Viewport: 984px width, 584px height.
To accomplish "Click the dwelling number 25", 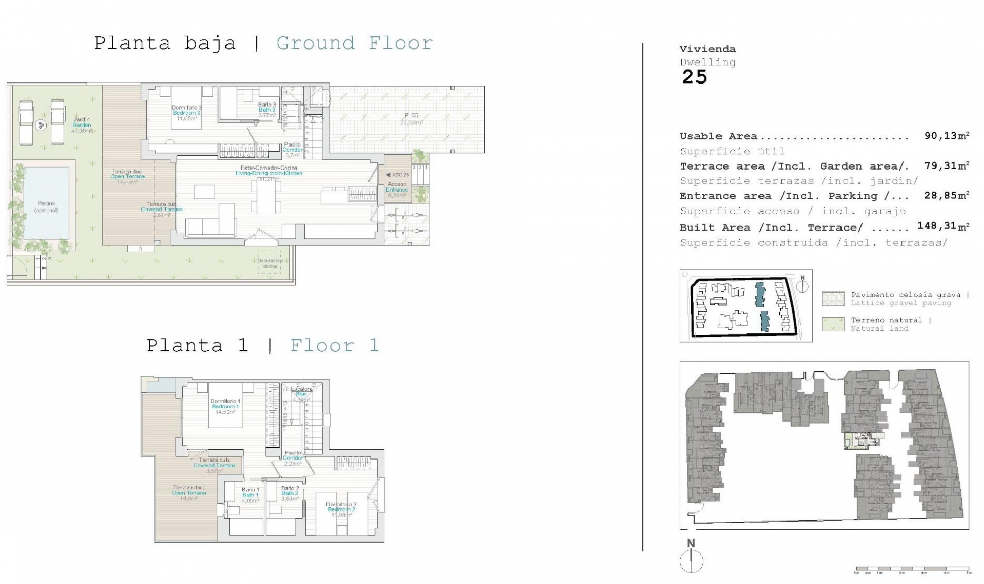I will [694, 77].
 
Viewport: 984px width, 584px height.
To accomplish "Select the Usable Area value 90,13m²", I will [946, 136].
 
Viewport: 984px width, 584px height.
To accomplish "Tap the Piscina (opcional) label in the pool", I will [47, 206].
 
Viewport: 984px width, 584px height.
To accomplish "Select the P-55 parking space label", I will [411, 118].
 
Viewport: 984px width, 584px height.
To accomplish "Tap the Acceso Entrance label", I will [397, 187].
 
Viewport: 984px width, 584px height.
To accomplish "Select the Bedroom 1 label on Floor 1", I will [225, 406].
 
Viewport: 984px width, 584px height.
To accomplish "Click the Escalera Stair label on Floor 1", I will [301, 392].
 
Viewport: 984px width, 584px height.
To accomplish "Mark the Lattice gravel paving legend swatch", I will [832, 299].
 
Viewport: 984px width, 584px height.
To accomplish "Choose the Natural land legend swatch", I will [832, 324].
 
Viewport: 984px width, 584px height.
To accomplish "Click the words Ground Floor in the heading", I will [355, 43].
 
